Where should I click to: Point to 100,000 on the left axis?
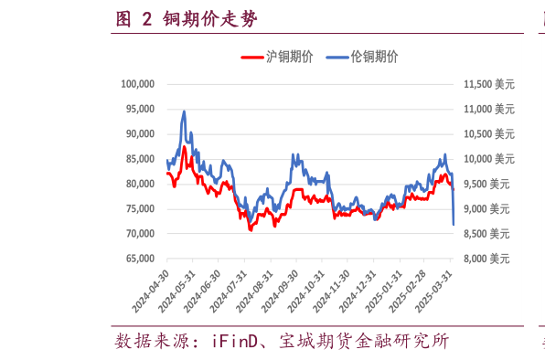coord(137,84)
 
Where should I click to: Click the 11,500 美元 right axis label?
coord(488,84)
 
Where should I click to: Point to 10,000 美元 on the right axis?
coord(488,159)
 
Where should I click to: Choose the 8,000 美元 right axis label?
coord(490,259)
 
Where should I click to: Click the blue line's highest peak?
coord(184,111)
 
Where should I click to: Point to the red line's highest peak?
coord(184,146)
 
